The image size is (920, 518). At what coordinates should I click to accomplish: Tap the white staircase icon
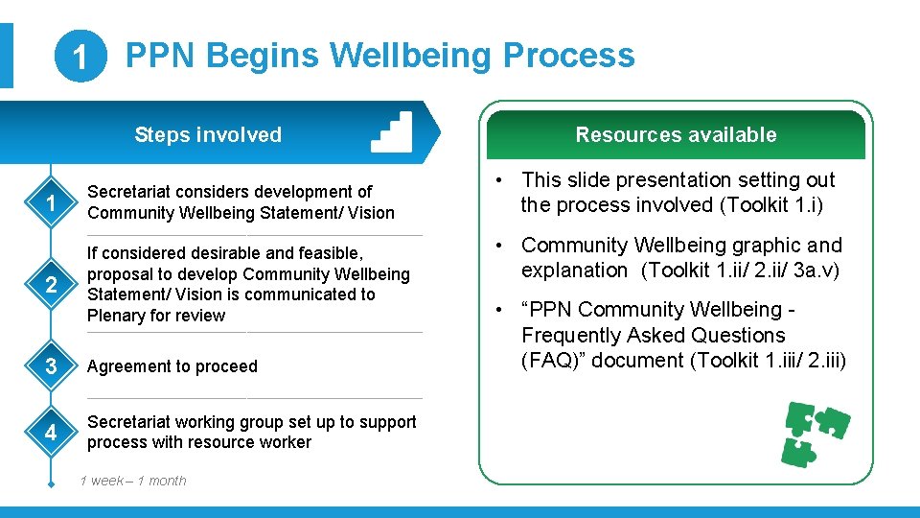[391, 132]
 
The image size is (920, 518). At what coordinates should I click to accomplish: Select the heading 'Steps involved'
[208, 134]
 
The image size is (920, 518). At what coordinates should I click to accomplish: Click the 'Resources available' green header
[676, 135]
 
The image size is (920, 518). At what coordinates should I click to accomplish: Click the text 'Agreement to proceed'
[172, 366]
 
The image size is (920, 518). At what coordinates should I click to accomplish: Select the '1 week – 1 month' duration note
[133, 481]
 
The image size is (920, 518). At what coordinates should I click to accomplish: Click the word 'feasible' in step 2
[317, 253]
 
